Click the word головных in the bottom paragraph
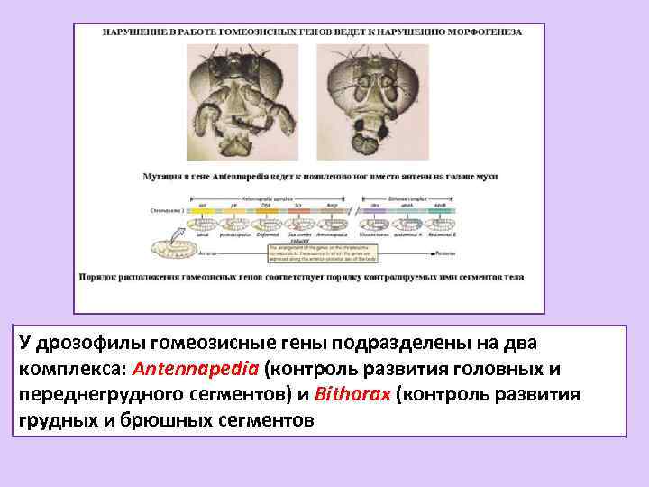tap(498, 370)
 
